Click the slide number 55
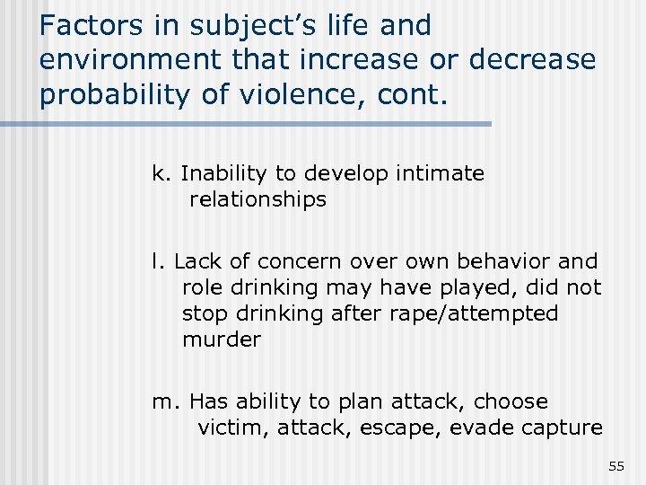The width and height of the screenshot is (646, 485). pyautogui.click(x=615, y=465)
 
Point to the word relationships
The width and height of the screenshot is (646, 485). pyautogui.click(x=258, y=199)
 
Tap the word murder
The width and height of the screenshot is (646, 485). pyautogui.click(x=222, y=339)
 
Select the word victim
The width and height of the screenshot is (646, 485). pyautogui.click(x=230, y=428)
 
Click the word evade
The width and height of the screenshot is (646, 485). pyautogui.click(x=481, y=428)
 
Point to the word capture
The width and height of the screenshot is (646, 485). pyautogui.click(x=563, y=428)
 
